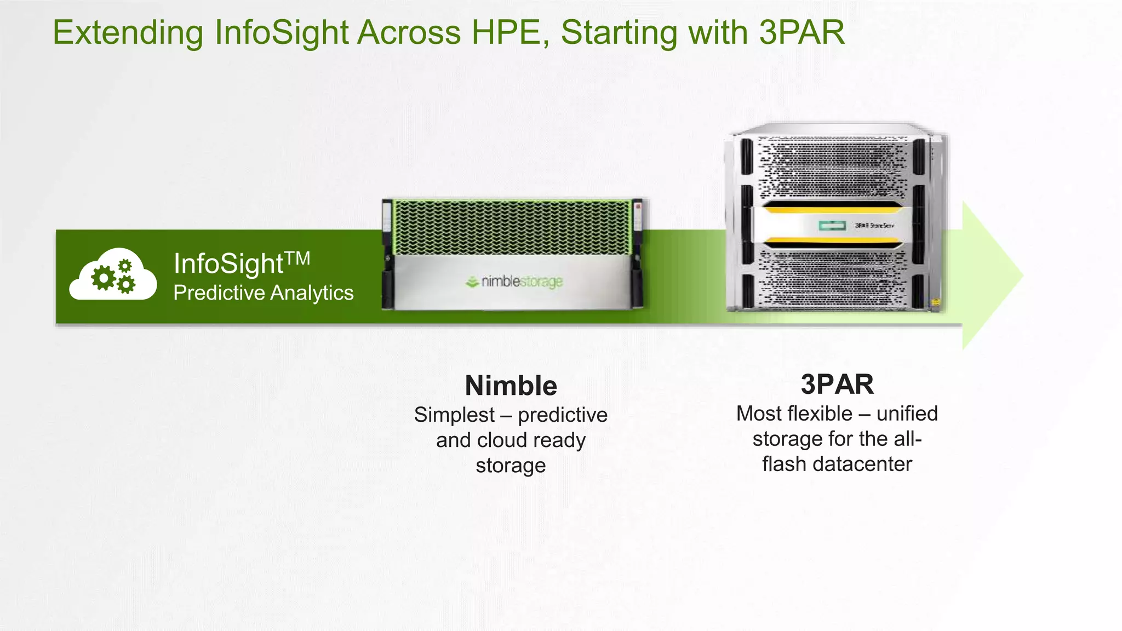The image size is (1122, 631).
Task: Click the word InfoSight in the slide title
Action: [x=281, y=33]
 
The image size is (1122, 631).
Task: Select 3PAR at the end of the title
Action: [x=802, y=33]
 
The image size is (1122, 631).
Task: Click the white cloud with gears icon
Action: [x=113, y=275]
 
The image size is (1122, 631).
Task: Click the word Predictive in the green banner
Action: [x=219, y=293]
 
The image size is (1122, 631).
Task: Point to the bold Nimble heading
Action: [x=511, y=386]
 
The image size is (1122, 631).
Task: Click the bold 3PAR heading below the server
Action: [x=837, y=384]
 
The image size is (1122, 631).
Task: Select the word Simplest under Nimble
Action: [x=454, y=415]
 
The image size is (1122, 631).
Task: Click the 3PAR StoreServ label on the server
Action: [x=874, y=226]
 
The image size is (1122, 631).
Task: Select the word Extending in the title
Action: [x=128, y=33]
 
